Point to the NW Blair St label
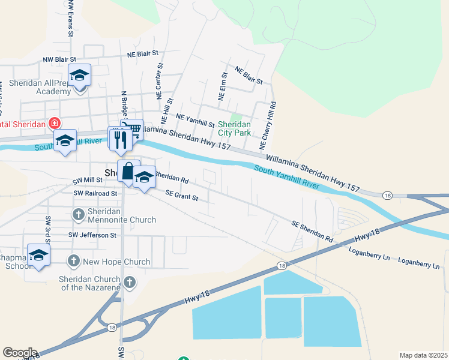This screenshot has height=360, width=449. pyautogui.click(x=59, y=60)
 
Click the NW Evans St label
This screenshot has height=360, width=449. pyautogui.click(x=71, y=18)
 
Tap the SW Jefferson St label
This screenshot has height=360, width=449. pyautogui.click(x=92, y=235)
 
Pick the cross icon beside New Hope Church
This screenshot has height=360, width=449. pyautogui.click(x=73, y=261)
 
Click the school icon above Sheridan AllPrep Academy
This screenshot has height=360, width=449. pyautogui.click(x=79, y=75)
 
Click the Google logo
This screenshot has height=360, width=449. pyautogui.click(x=20, y=353)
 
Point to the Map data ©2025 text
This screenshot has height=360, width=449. pyautogui.click(x=423, y=355)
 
